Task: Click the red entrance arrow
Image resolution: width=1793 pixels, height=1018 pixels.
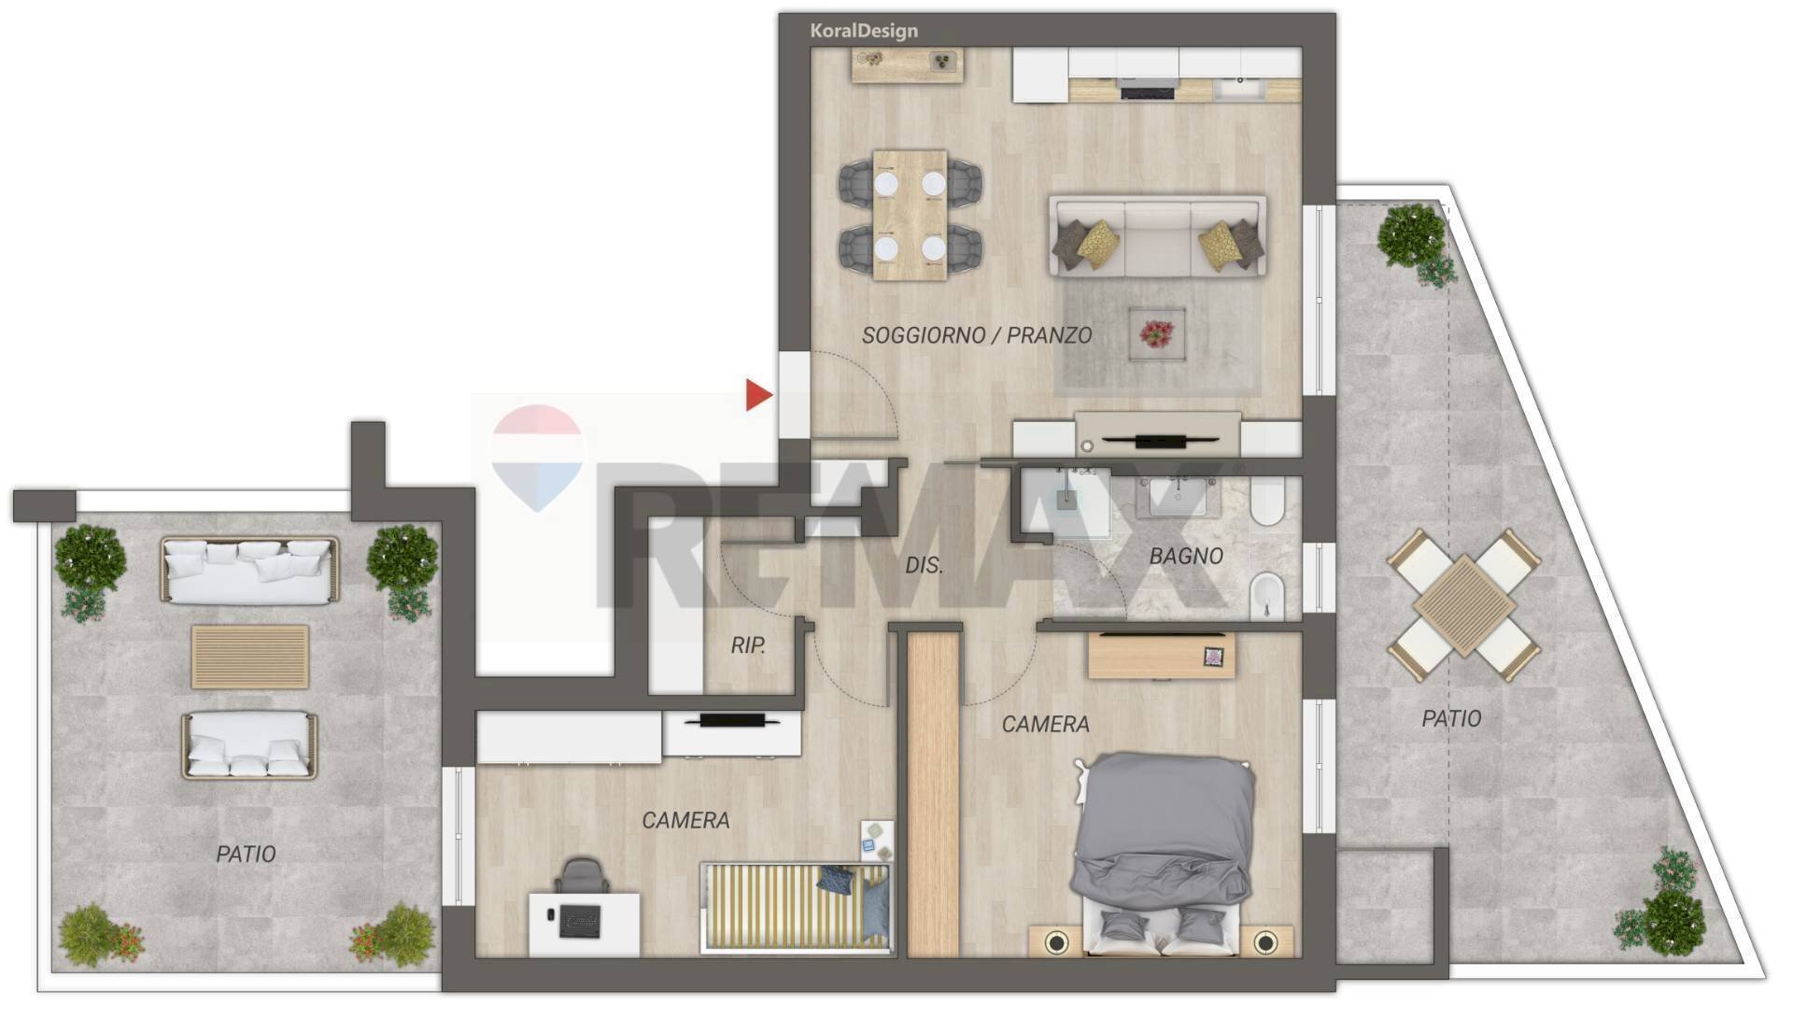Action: coord(758,395)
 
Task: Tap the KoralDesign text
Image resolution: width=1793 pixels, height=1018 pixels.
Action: coord(864,31)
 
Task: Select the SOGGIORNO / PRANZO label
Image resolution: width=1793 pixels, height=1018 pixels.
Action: coord(976,335)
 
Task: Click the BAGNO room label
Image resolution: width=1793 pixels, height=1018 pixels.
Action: coord(1186,556)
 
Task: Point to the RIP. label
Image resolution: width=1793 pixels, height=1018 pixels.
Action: coord(748,645)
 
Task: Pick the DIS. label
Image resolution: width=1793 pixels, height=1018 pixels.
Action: coord(924,565)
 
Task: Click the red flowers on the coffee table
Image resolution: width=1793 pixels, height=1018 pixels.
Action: coord(1157,333)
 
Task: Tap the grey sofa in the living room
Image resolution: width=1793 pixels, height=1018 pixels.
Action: coord(1157,236)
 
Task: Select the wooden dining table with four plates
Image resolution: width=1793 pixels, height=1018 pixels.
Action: coord(910,215)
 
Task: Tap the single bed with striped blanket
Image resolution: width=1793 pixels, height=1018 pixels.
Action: coord(796,908)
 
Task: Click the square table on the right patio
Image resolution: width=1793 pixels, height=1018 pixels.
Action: coord(1463,604)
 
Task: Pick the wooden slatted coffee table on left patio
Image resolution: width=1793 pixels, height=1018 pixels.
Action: coord(250,657)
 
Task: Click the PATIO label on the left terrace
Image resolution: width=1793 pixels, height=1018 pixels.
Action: coord(246,854)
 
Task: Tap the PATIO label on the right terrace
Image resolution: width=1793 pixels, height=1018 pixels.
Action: coord(1451,718)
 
